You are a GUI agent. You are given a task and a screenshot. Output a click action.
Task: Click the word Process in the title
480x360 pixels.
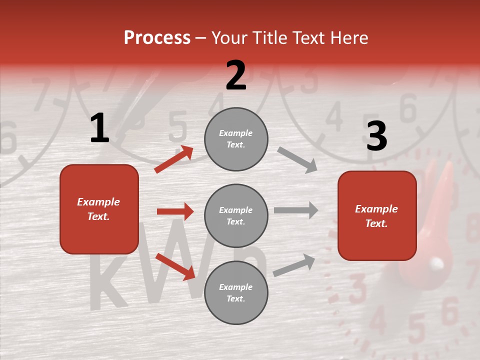click(x=157, y=38)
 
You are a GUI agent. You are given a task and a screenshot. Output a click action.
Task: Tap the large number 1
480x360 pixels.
click(x=99, y=128)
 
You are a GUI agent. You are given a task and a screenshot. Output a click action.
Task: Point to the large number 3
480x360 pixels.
click(x=376, y=136)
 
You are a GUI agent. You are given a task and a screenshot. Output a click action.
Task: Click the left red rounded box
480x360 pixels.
click(x=99, y=209)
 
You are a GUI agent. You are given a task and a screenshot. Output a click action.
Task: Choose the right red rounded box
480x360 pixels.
click(x=377, y=215)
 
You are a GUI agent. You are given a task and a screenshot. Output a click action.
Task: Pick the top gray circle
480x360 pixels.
click(x=236, y=139)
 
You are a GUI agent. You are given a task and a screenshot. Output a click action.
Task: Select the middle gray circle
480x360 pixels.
click(x=236, y=215)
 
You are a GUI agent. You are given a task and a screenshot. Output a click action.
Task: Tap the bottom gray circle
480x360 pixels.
click(x=236, y=292)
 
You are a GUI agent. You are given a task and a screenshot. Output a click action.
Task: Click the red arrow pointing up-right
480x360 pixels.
click(x=174, y=159)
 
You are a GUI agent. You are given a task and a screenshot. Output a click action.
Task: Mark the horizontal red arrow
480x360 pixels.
click(x=175, y=211)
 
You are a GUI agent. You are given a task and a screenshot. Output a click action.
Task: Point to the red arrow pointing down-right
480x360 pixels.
click(x=175, y=266)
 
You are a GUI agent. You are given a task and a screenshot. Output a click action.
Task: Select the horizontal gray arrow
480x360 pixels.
click(x=296, y=210)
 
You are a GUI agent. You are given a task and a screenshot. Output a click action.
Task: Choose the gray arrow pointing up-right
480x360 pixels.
click(x=294, y=265)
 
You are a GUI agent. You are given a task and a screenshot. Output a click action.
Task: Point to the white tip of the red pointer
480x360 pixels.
click(x=437, y=263)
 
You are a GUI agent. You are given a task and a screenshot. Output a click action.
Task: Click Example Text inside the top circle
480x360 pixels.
click(x=236, y=139)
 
